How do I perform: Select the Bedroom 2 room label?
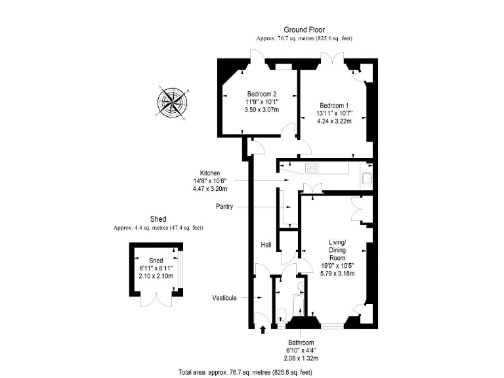click(x=261, y=93)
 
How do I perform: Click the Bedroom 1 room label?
click(x=334, y=106)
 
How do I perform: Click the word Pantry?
click(x=224, y=206)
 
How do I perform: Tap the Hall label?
click(x=266, y=245)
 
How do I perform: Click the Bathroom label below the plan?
click(x=302, y=343)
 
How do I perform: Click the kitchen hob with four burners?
click(x=312, y=167)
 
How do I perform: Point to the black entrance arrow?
click(x=263, y=329)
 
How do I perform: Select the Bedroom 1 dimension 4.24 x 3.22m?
click(x=334, y=121)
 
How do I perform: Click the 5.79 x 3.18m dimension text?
click(x=337, y=273)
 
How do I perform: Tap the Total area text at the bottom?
click(x=245, y=371)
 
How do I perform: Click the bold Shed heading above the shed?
click(x=157, y=219)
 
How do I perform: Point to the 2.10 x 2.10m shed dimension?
click(x=156, y=276)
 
